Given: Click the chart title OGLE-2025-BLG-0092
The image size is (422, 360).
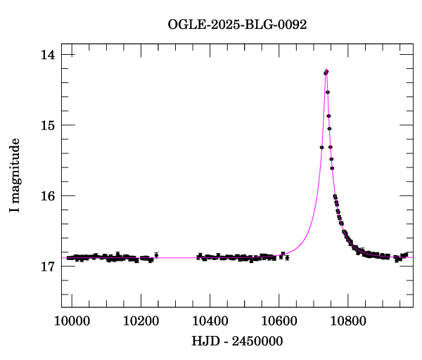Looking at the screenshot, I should [238, 25].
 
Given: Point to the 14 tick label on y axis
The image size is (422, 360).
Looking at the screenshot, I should [49, 55].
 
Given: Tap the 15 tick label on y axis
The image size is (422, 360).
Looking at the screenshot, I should [49, 125].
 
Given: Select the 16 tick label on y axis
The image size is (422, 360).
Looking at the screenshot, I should [49, 195].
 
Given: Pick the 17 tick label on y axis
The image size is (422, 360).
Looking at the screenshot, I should [49, 266].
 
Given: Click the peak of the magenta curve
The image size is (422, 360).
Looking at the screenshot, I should [326, 70].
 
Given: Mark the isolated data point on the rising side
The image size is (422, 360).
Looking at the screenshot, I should [321, 147].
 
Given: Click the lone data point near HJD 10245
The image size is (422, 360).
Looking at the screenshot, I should [156, 255].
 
